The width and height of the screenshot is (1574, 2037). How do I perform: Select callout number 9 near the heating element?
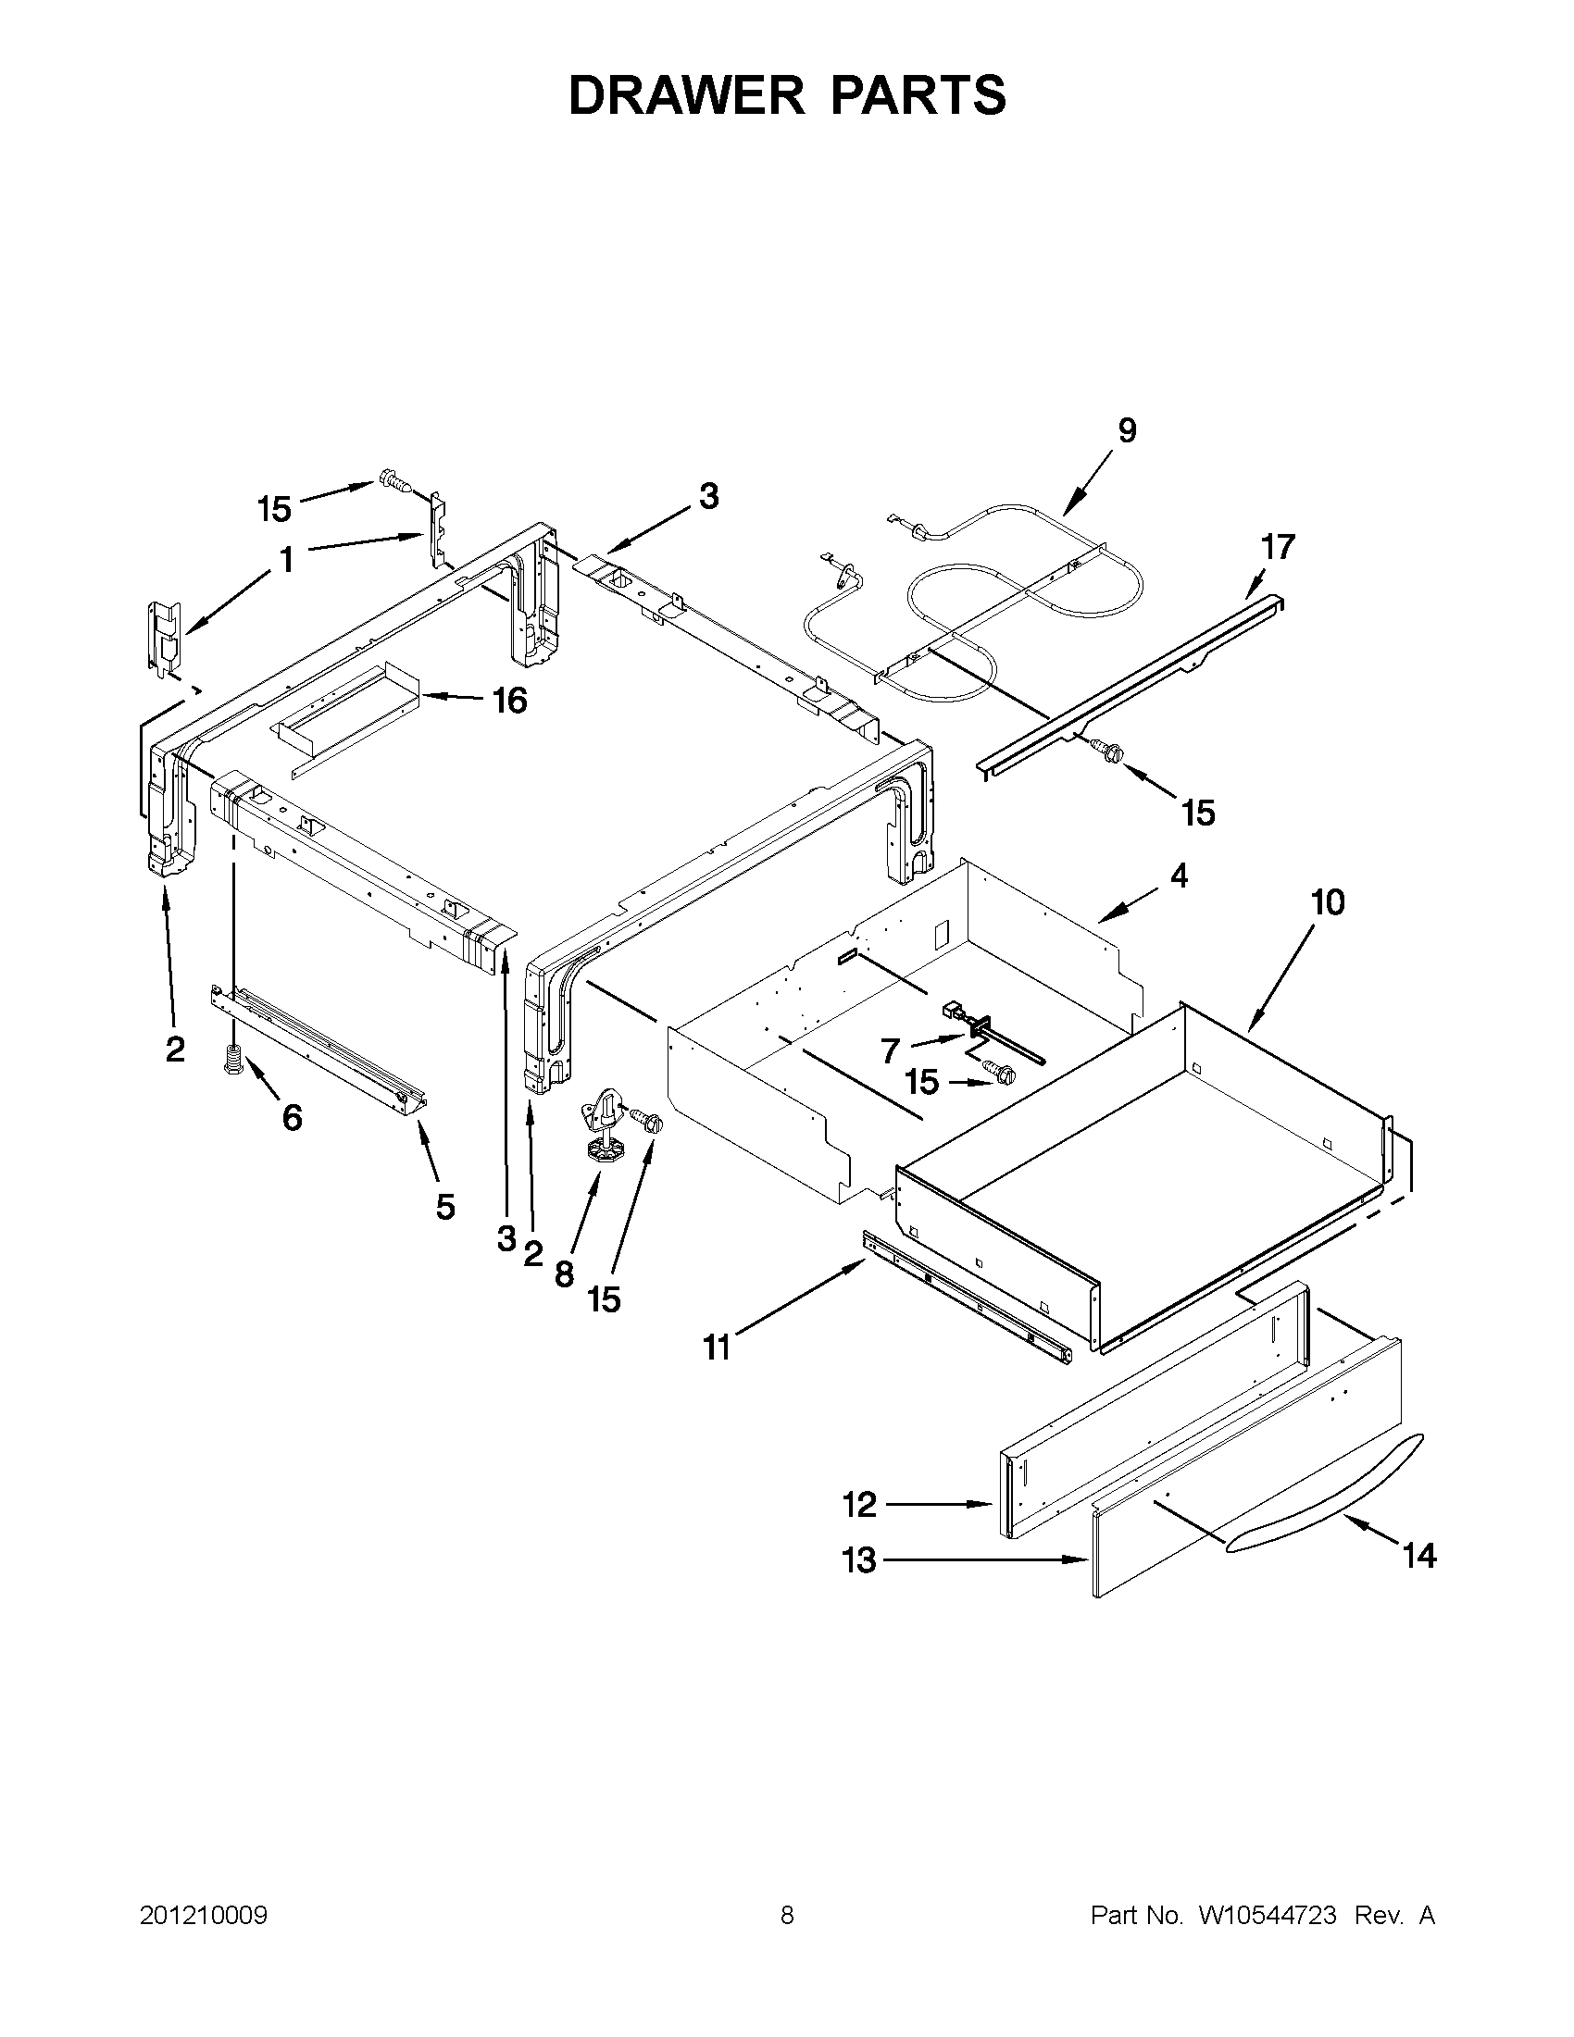(x=1127, y=431)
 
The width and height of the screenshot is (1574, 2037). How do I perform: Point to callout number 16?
(x=510, y=700)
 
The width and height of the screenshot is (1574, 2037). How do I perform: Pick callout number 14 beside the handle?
(x=1419, y=1556)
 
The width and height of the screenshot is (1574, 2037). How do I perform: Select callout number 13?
(x=859, y=1560)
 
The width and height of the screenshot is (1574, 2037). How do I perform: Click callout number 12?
(x=859, y=1505)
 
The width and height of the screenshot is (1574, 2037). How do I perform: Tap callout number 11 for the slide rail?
(x=717, y=1348)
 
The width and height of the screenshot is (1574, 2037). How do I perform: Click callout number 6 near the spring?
(x=292, y=1116)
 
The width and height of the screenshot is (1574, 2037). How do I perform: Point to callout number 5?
(x=445, y=1207)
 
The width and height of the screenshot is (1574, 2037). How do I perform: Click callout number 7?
(x=891, y=1052)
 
